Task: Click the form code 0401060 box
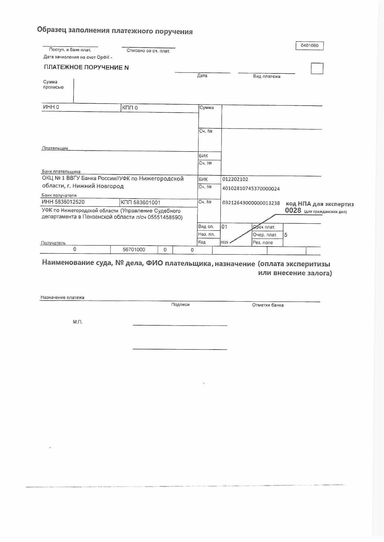coord(309,46)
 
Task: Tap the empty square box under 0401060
coord(317,69)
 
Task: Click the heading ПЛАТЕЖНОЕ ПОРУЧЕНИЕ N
coord(86,68)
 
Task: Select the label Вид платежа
coord(266,77)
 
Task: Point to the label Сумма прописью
coord(53,85)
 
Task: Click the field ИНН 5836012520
coord(63,202)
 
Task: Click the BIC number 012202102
coord(235,179)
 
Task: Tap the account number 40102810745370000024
coord(251,189)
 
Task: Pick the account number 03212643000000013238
coord(251,203)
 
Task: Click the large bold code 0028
coord(293,211)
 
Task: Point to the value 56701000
coord(134,250)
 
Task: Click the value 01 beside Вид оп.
coord(224,227)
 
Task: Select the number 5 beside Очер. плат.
coord(286,235)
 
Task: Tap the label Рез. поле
coord(263,243)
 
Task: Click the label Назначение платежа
coord(62,297)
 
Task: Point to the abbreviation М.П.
coord(78,322)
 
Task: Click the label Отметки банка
coord(268,305)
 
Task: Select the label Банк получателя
coord(59,195)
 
